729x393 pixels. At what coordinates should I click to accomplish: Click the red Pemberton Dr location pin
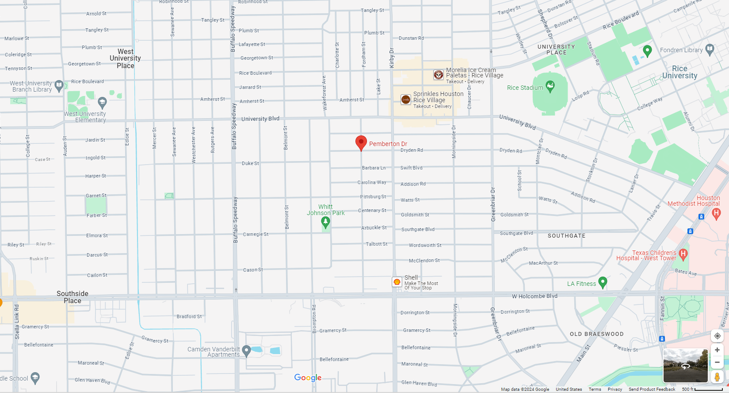coord(361,143)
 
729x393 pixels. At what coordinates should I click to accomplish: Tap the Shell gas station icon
coord(397,282)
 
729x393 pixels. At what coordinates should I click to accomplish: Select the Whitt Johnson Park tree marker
coord(326,222)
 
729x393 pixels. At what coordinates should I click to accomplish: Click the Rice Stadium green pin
coord(550,86)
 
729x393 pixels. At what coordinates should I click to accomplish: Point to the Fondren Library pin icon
coord(710,50)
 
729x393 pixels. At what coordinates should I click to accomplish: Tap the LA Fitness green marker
coord(603,282)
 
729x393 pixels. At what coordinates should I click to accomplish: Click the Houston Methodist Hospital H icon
coord(717,214)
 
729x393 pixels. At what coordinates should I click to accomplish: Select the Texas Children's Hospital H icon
coord(683,254)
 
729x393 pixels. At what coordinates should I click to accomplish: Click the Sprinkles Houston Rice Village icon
coord(406,100)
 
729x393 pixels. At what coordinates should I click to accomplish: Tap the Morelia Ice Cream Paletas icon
coord(438,75)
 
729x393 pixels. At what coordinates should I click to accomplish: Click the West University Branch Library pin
coord(59,85)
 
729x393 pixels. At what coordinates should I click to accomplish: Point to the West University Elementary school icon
coord(103,103)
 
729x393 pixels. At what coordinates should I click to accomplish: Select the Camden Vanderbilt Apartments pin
coord(247,351)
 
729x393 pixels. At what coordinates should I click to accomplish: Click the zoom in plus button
coord(717,350)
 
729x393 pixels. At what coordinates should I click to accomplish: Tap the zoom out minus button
coord(717,362)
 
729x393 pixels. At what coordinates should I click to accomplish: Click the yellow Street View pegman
coord(717,377)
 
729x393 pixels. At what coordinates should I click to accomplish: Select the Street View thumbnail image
coord(685,366)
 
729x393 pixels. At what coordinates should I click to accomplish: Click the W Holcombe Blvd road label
coord(534,296)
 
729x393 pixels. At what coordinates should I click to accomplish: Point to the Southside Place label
coord(73,297)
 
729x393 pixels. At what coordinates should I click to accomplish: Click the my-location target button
coord(717,336)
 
